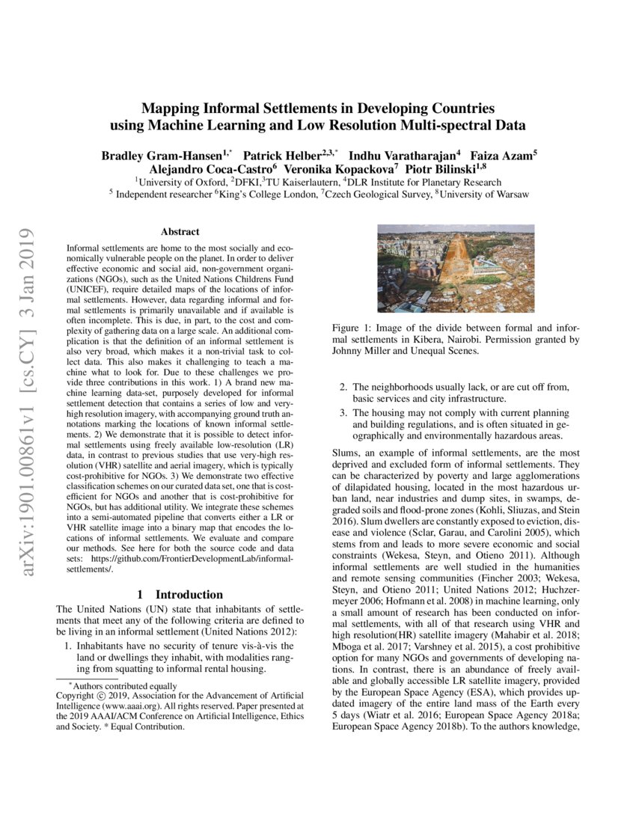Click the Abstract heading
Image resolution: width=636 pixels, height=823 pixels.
point(180,233)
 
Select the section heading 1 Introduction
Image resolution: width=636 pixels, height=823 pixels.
point(180,594)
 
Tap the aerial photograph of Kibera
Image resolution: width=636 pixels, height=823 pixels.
point(455,270)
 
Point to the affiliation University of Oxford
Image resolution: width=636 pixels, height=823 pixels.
point(183,182)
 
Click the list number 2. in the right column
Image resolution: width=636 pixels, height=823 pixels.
point(343,387)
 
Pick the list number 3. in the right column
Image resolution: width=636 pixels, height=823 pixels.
point(343,413)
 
